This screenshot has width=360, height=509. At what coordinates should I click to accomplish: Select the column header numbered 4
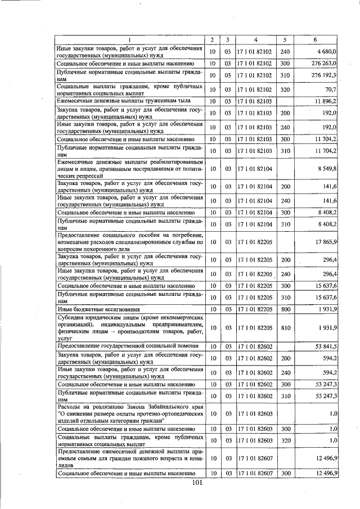point(255,39)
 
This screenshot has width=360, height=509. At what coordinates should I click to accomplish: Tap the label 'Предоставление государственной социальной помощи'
point(126,346)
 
